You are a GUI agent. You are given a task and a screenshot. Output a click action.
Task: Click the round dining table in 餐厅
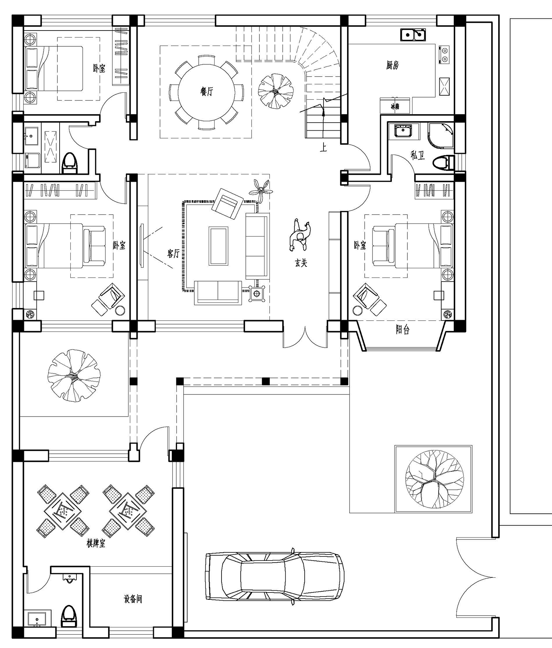click(206, 92)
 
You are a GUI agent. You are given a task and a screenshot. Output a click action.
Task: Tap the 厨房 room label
click(393, 65)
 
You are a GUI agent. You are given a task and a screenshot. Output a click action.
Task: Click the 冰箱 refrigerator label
click(395, 107)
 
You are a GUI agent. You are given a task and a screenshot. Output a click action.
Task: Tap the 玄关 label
click(301, 263)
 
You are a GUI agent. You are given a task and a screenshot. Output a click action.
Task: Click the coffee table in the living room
click(219, 246)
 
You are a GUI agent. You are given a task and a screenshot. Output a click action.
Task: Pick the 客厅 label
click(173, 253)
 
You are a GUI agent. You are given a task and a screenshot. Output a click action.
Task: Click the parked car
click(275, 577)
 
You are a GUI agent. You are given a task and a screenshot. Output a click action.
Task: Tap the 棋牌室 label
click(96, 543)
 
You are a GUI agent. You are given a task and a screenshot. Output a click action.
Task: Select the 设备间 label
click(133, 599)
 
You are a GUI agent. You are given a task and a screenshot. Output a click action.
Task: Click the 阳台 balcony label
click(403, 330)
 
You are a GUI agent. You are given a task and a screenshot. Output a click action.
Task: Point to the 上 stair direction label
click(323, 148)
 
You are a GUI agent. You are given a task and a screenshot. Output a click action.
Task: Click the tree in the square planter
click(434, 479)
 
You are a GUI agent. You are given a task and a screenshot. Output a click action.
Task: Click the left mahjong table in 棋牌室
click(63, 510)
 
